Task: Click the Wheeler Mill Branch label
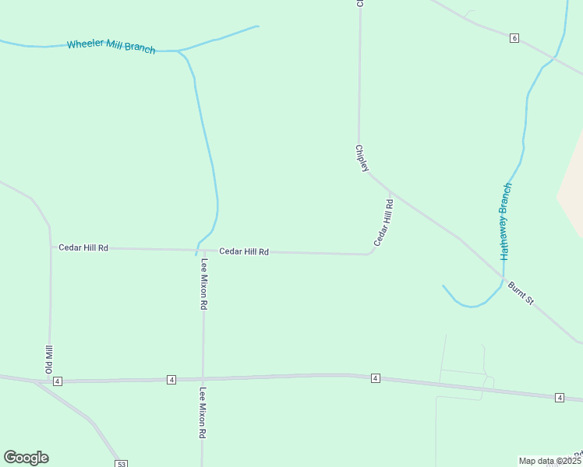pyautogui.click(x=111, y=46)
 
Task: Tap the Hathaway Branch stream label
pyautogui.click(x=505, y=222)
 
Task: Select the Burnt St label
pyautogui.click(x=521, y=293)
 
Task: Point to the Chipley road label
pyautogui.click(x=361, y=158)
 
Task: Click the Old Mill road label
pyautogui.click(x=48, y=359)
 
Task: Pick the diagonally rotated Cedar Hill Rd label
pyautogui.click(x=383, y=223)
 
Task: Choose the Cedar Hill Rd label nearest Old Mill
pyautogui.click(x=83, y=248)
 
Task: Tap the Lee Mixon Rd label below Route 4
pyautogui.click(x=203, y=413)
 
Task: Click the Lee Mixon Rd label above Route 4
pyautogui.click(x=203, y=285)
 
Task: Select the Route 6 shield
pyautogui.click(x=514, y=37)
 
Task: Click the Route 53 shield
pyautogui.click(x=121, y=464)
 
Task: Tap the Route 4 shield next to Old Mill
pyautogui.click(x=58, y=381)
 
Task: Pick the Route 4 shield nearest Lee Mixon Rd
pyautogui.click(x=171, y=380)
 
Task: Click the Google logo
pyautogui.click(x=26, y=458)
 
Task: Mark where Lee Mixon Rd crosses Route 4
pyautogui.click(x=203, y=379)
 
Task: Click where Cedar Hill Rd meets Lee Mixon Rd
pyautogui.click(x=203, y=251)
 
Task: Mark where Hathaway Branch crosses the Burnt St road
pyautogui.click(x=503, y=278)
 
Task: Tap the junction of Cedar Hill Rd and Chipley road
pyautogui.click(x=390, y=191)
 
